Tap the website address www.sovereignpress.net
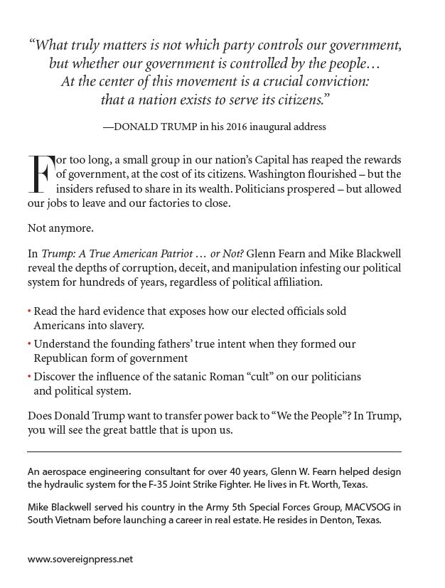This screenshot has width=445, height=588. pos(80,559)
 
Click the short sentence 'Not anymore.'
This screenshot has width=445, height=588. pos(55,230)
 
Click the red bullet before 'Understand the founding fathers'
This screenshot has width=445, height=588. pos(29,344)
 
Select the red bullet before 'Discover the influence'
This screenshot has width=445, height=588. pos(29,378)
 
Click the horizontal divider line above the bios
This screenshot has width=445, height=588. pos(214,451)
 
